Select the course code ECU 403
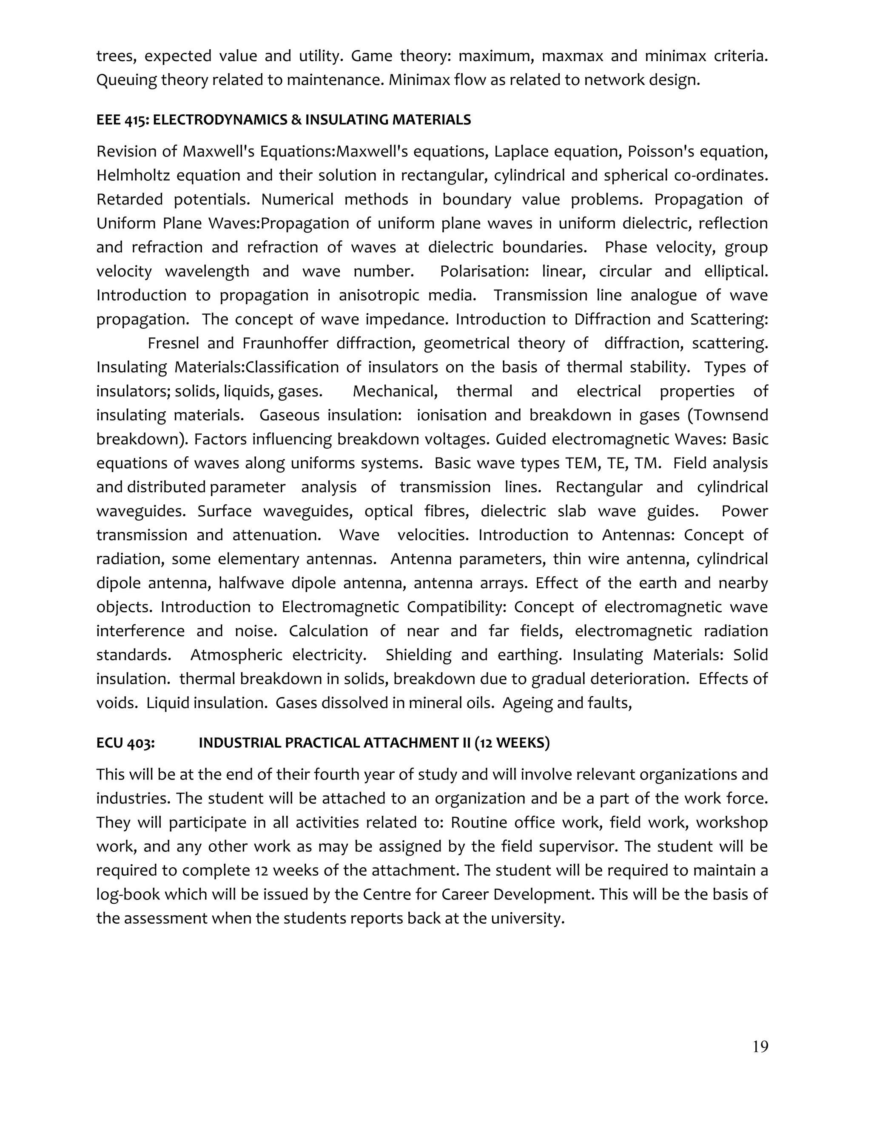click(125, 743)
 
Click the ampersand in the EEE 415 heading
click(296, 120)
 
